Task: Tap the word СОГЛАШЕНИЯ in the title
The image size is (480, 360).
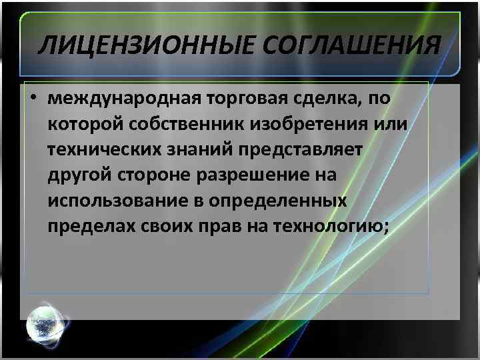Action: (346, 47)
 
